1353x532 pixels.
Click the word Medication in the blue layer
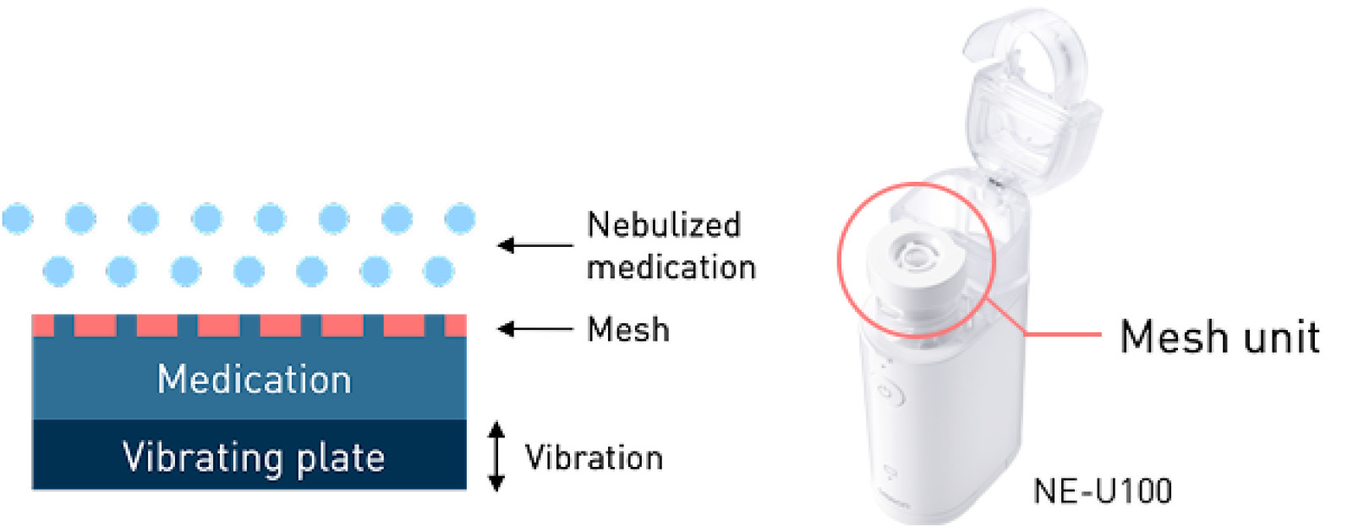click(x=254, y=379)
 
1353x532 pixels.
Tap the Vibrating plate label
click(x=254, y=458)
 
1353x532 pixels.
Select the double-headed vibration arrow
click(x=497, y=457)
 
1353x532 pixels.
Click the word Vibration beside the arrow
click(x=594, y=458)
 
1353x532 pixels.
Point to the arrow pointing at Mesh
click(x=534, y=329)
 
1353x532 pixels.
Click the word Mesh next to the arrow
click(x=628, y=330)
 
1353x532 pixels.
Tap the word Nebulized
click(x=664, y=225)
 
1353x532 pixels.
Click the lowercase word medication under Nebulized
click(x=671, y=267)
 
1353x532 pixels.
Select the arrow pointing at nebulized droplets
click(x=534, y=245)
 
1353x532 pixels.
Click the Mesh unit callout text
click(x=1219, y=337)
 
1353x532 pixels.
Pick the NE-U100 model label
click(x=1103, y=491)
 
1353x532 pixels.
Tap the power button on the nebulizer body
click(x=885, y=392)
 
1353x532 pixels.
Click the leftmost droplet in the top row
click(x=17, y=218)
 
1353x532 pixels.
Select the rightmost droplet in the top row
click(x=460, y=218)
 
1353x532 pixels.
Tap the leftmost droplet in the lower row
click(x=58, y=271)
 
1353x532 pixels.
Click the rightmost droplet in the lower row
click(x=438, y=271)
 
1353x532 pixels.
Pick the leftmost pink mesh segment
click(x=42, y=325)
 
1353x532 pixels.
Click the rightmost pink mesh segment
click(x=455, y=325)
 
